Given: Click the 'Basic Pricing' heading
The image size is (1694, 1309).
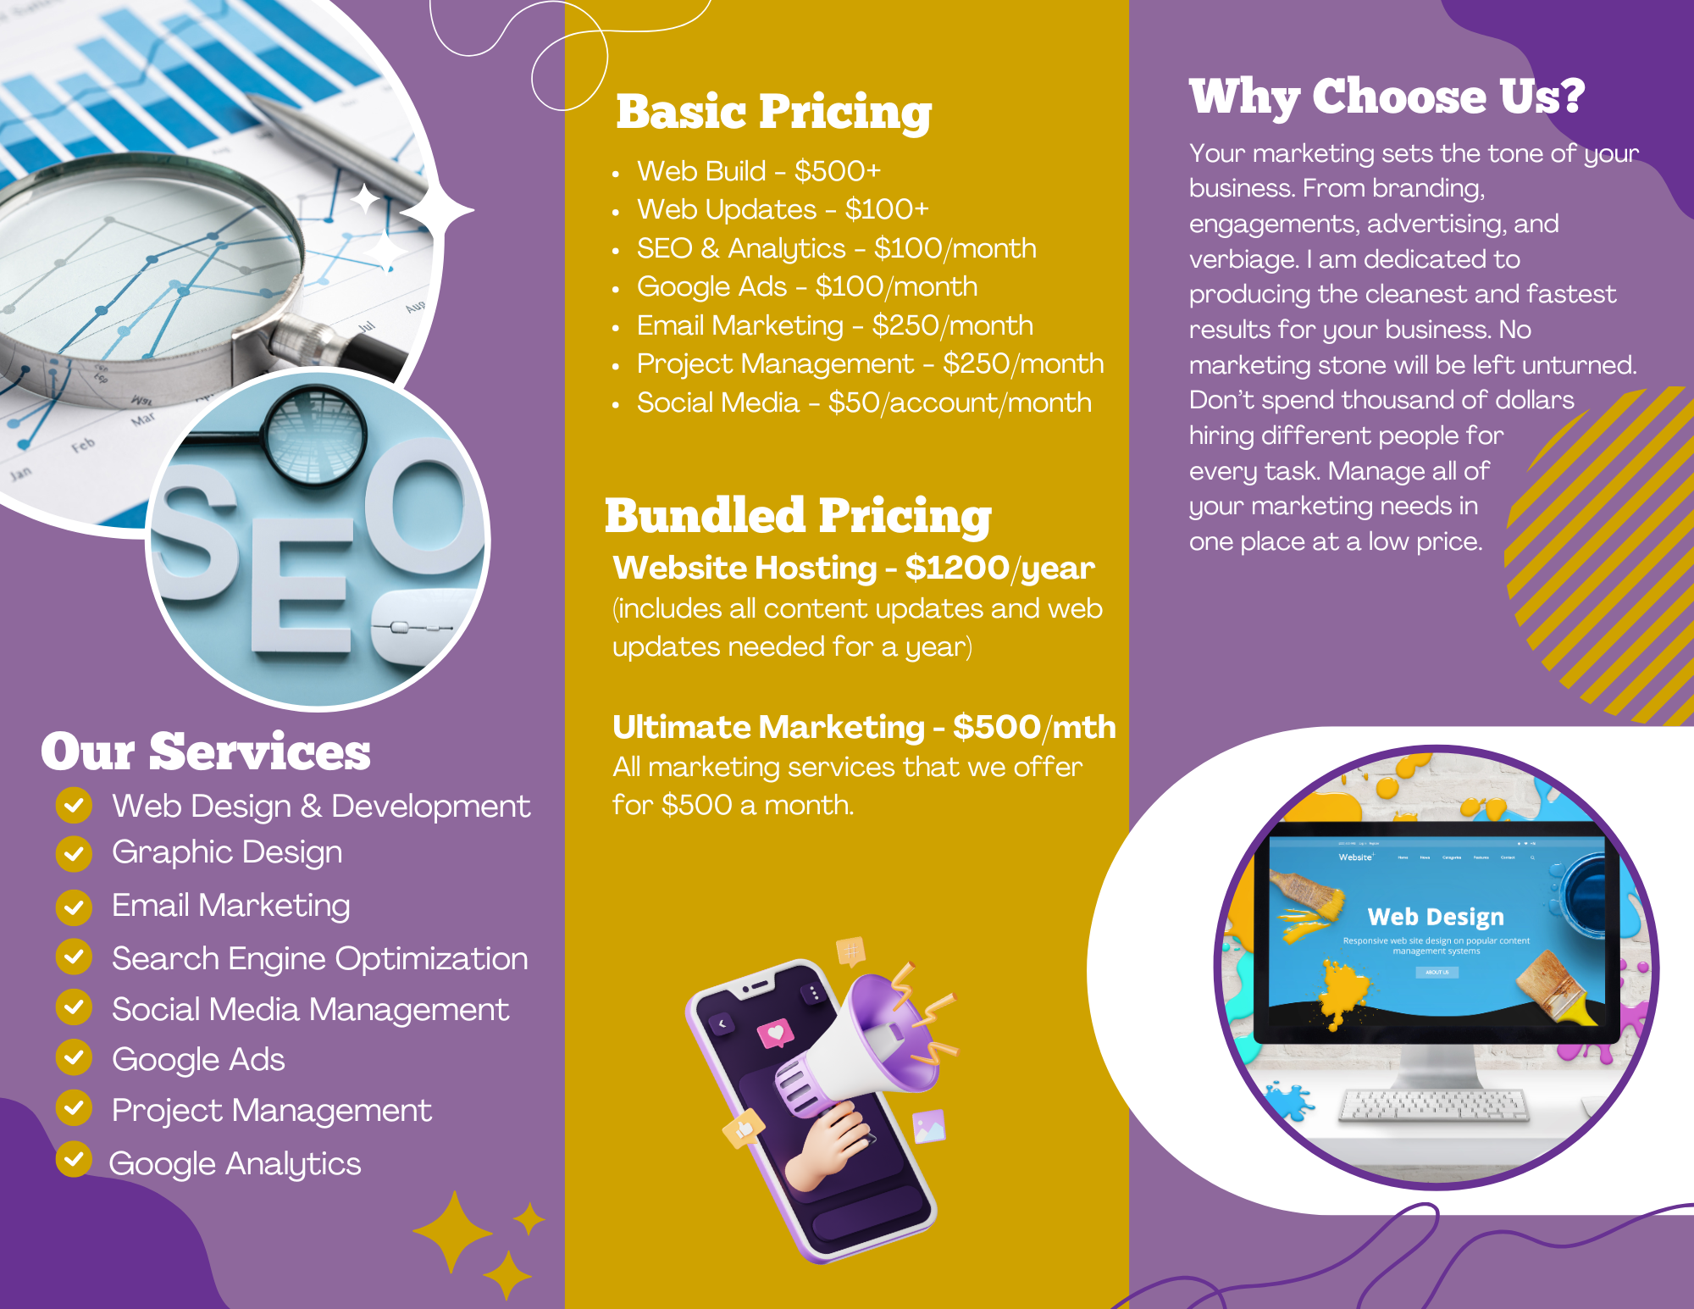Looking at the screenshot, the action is click(x=773, y=113).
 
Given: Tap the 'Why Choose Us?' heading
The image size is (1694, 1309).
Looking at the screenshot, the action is click(x=1387, y=97).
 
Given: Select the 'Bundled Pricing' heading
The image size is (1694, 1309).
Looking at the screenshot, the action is click(x=798, y=516).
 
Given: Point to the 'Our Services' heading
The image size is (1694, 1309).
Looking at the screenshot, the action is click(x=206, y=752).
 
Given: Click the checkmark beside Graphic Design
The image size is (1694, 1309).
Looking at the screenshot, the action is click(x=75, y=853).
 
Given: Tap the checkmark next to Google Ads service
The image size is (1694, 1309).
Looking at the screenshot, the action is click(x=75, y=1057).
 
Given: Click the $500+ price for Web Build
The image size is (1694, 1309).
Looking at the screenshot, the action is click(x=838, y=171).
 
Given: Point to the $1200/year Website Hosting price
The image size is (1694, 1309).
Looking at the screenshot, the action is click(x=999, y=569).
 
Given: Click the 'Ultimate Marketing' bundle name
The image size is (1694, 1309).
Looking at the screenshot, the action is click(x=768, y=727).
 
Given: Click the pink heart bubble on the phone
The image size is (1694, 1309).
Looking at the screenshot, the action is click(x=775, y=1034).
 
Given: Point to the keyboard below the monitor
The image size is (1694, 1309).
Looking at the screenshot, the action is click(x=1434, y=1105).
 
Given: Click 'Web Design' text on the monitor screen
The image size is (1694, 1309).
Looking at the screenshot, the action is click(x=1436, y=917).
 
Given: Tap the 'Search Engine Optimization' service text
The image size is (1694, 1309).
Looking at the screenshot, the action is click(x=320, y=959).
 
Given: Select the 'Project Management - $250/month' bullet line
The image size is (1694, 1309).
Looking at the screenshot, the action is click(x=871, y=364).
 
